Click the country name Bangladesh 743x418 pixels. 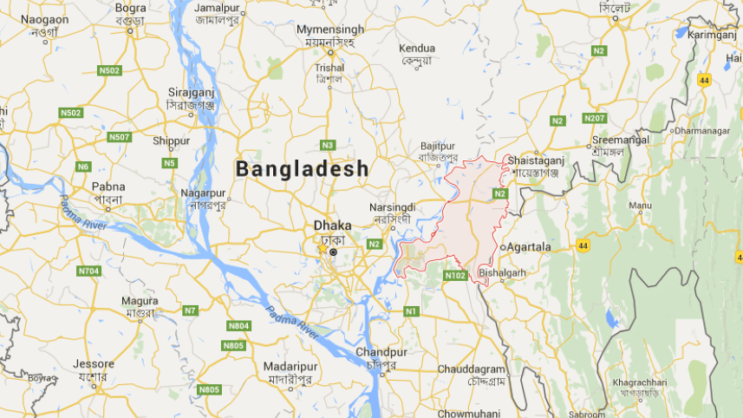pos(303,168)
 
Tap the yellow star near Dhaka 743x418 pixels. pos(323,249)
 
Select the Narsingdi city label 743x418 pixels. pos(392,208)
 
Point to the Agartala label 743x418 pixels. pos(528,247)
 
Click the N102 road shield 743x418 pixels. pos(455,276)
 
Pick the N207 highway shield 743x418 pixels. pos(595,118)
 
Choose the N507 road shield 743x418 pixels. pos(119,137)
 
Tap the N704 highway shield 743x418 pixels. pos(88,271)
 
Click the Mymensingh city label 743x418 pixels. pos(330,29)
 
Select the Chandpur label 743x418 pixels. pos(381,353)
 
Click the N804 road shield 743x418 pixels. pos(238,325)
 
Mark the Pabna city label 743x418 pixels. pos(109,186)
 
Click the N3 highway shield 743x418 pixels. pos(327,145)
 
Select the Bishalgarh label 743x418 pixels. pos(502,271)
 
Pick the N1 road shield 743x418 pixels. pos(411,310)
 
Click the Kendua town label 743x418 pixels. pos(418,48)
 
